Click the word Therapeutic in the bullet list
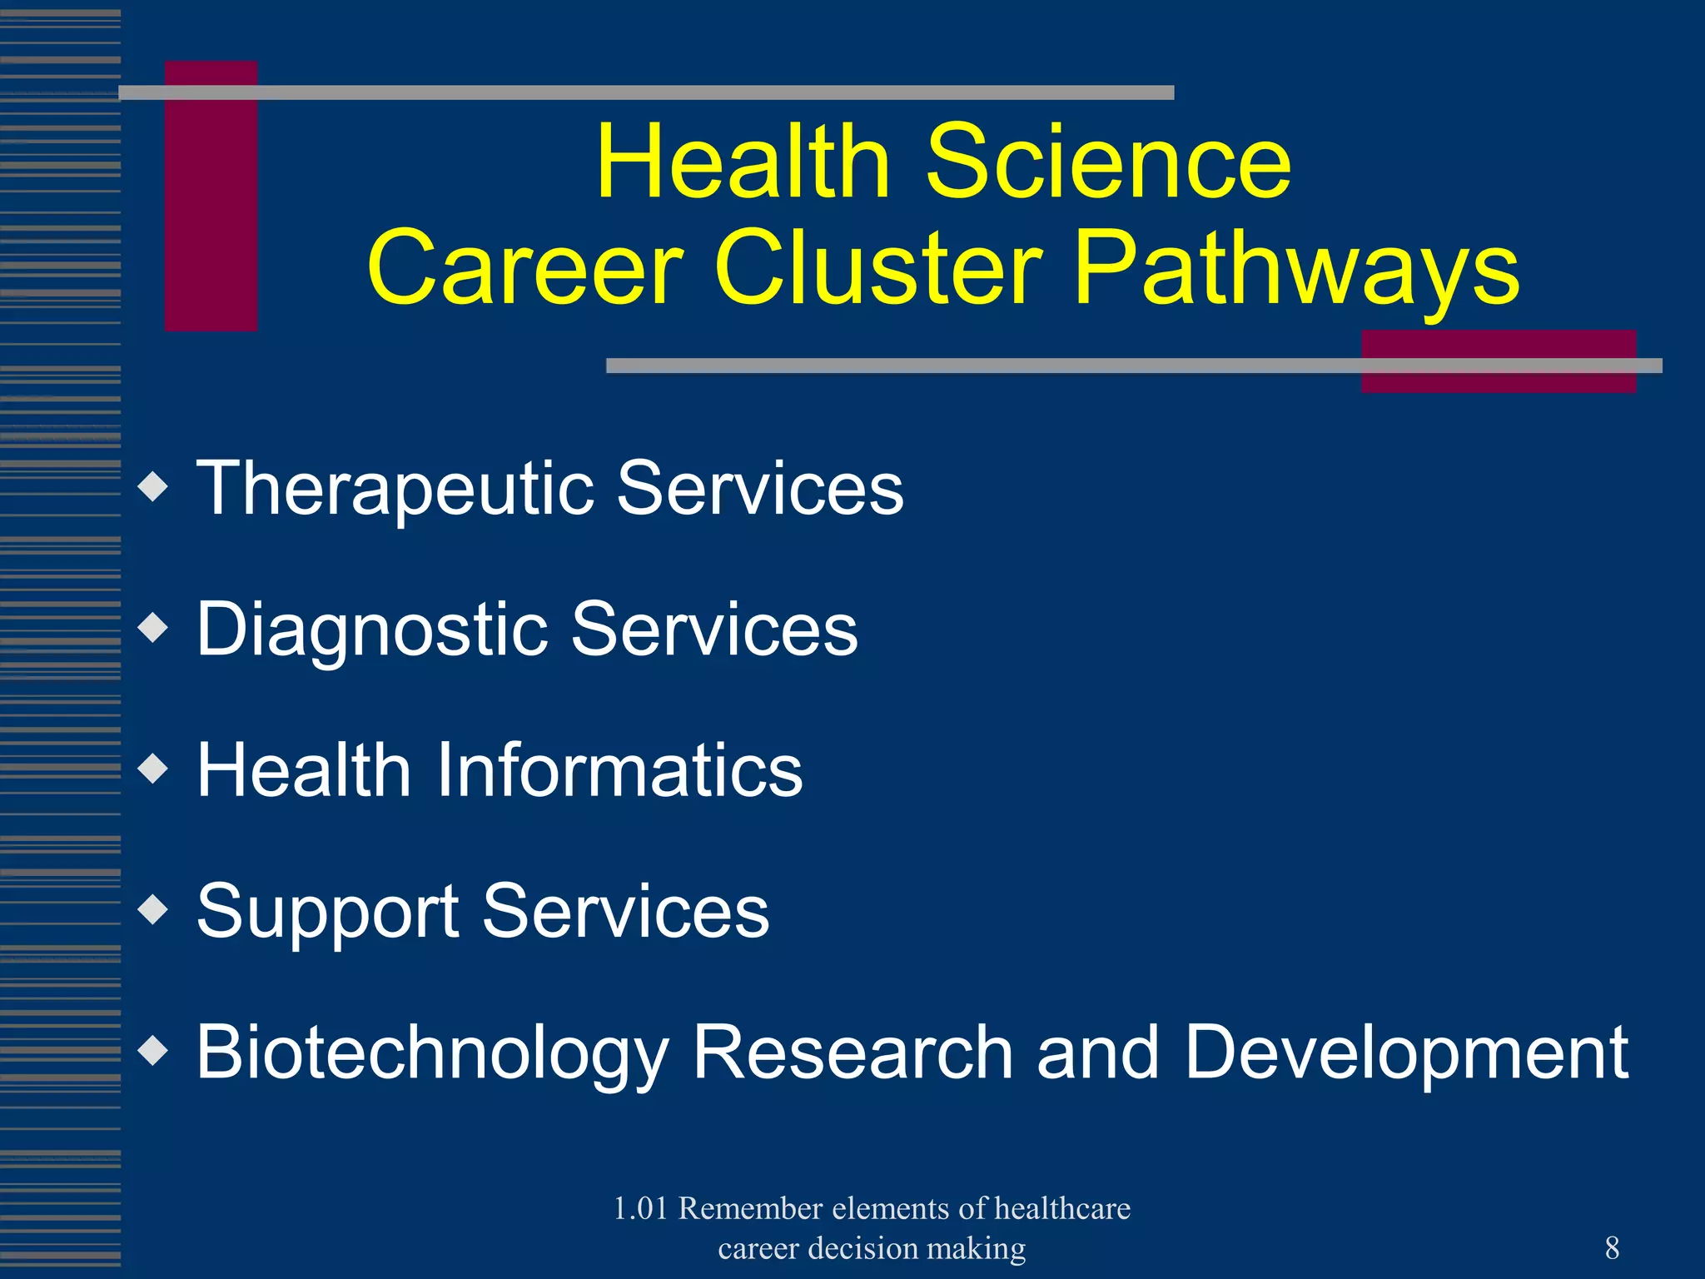tap(395, 489)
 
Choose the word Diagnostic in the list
tap(372, 630)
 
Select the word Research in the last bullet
tap(852, 1053)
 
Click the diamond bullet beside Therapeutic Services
tap(154, 487)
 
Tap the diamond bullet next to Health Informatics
tap(154, 769)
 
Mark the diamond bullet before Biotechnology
tap(154, 1051)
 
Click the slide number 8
tap(1612, 1248)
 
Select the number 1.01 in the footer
tap(641, 1208)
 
